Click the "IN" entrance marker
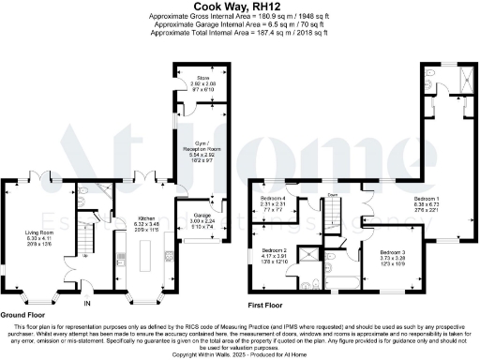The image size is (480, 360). (x=88, y=304)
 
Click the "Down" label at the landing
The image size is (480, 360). (x=332, y=195)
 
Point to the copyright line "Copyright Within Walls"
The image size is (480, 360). (x=239, y=354)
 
